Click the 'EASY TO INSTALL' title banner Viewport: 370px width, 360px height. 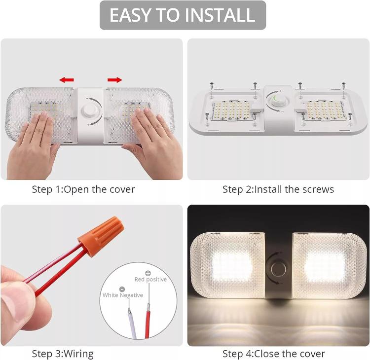pyautogui.click(x=183, y=15)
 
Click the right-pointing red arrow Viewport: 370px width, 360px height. pyautogui.click(x=114, y=79)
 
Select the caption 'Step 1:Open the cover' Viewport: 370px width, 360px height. pyautogui.click(x=83, y=189)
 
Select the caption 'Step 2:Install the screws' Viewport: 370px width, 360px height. pyautogui.click(x=278, y=189)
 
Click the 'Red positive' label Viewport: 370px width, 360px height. pyautogui.click(x=150, y=279)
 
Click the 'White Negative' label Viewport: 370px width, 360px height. pyautogui.click(x=123, y=295)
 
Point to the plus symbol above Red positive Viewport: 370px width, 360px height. pyautogui.click(x=147, y=272)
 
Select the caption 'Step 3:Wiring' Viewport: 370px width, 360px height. pyautogui.click(x=63, y=354)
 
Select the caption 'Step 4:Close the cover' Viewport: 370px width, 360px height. pyautogui.click(x=274, y=354)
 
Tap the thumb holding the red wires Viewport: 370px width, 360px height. pyautogui.click(x=20, y=301)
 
